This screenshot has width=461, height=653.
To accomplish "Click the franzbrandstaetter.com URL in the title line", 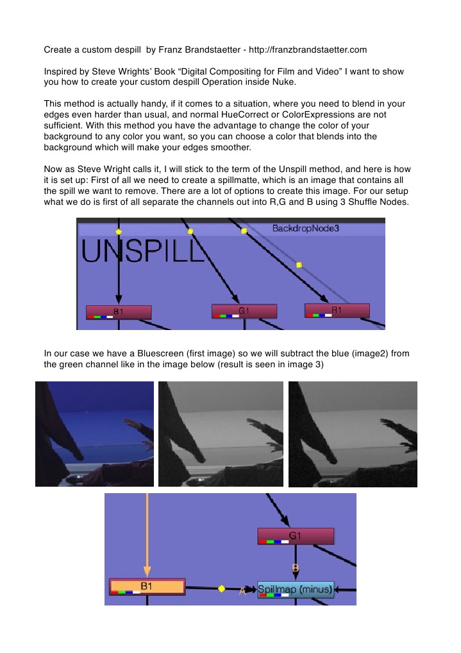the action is (x=308, y=50).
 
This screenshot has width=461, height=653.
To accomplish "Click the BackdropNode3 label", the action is (x=306, y=228).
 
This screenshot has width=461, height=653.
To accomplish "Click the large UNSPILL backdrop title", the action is (x=143, y=251).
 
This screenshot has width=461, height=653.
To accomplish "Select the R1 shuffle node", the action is (x=337, y=310).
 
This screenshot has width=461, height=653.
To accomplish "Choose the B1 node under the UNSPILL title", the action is (x=119, y=312).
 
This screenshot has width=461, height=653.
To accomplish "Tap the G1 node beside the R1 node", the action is (x=244, y=311).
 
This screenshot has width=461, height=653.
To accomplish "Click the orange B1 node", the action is (x=147, y=586).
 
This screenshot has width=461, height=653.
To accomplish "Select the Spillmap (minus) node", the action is (x=296, y=589).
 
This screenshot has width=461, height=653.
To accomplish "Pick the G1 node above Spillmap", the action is (x=296, y=536).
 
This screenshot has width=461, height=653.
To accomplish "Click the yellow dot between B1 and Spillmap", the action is (x=222, y=588).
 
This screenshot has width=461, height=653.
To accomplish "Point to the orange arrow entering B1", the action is (x=147, y=535).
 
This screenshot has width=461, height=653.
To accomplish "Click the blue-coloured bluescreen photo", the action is (x=94, y=434).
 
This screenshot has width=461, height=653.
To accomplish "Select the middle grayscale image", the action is (x=221, y=434).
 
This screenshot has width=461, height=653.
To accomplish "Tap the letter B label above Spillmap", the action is (x=296, y=567).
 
